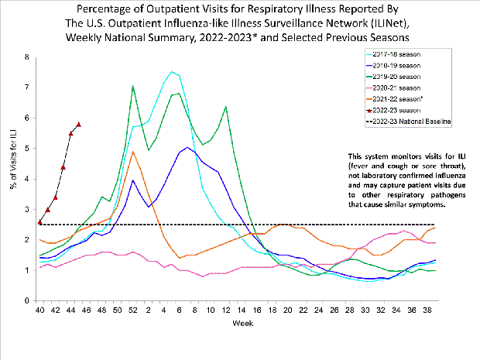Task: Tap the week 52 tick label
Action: click(132, 310)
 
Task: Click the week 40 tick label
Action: click(39, 310)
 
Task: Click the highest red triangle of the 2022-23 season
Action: click(79, 124)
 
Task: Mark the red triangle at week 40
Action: click(39, 222)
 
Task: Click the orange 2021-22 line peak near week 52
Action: click(133, 152)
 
